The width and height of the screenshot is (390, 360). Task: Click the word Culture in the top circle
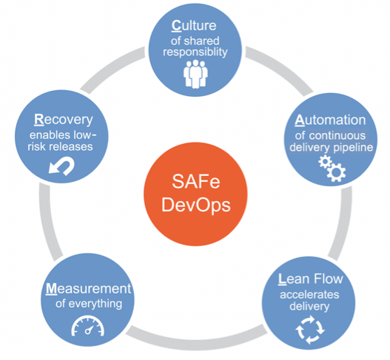click(x=194, y=26)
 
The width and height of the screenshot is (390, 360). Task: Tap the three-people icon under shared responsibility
click(x=195, y=74)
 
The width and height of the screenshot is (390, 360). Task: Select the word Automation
click(x=330, y=120)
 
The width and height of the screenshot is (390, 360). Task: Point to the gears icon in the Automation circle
click(x=332, y=168)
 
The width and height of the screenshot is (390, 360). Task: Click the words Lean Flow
click(x=310, y=279)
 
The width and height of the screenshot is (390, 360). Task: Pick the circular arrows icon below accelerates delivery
click(x=310, y=330)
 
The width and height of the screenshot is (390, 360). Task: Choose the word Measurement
click(x=88, y=289)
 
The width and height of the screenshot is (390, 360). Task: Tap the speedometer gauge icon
click(x=88, y=326)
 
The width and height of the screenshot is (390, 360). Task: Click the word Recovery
click(x=64, y=120)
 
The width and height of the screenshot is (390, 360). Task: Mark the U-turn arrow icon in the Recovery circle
click(x=61, y=166)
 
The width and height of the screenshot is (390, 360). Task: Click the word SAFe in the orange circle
click(x=196, y=181)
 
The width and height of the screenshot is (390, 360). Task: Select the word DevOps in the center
click(x=196, y=206)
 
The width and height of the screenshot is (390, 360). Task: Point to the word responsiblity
click(x=195, y=52)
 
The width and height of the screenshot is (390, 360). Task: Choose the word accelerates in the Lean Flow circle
click(x=309, y=295)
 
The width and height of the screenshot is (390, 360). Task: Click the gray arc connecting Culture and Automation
click(x=280, y=67)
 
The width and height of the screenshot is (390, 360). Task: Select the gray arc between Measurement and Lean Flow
click(x=197, y=342)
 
